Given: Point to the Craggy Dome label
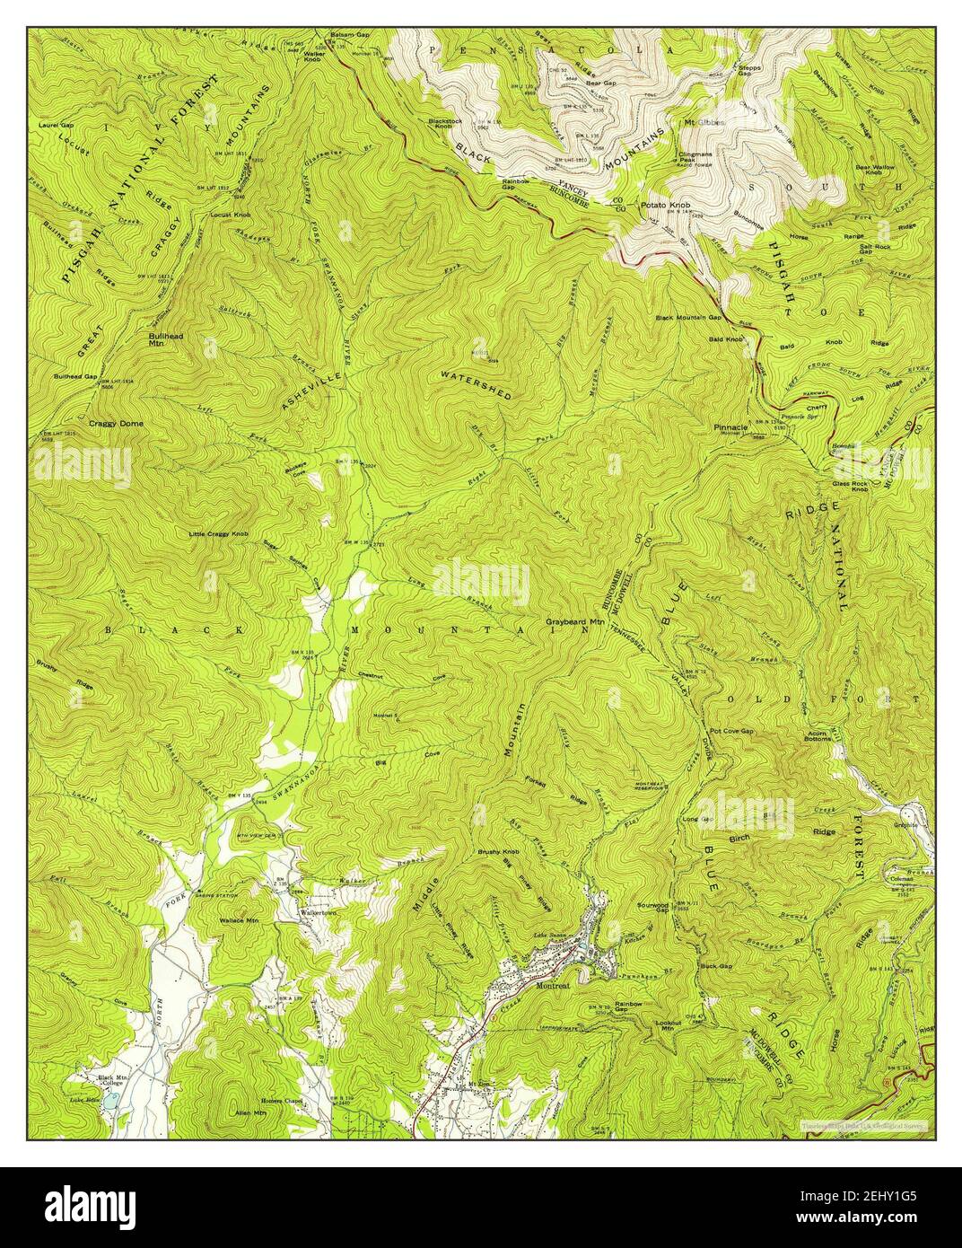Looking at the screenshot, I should click(x=116, y=422).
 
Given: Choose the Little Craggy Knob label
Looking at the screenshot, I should click(x=218, y=534).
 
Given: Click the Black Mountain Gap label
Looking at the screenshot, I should click(x=689, y=317).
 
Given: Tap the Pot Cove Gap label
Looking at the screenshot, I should click(x=731, y=732).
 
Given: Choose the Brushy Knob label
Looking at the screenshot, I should click(x=500, y=849).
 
